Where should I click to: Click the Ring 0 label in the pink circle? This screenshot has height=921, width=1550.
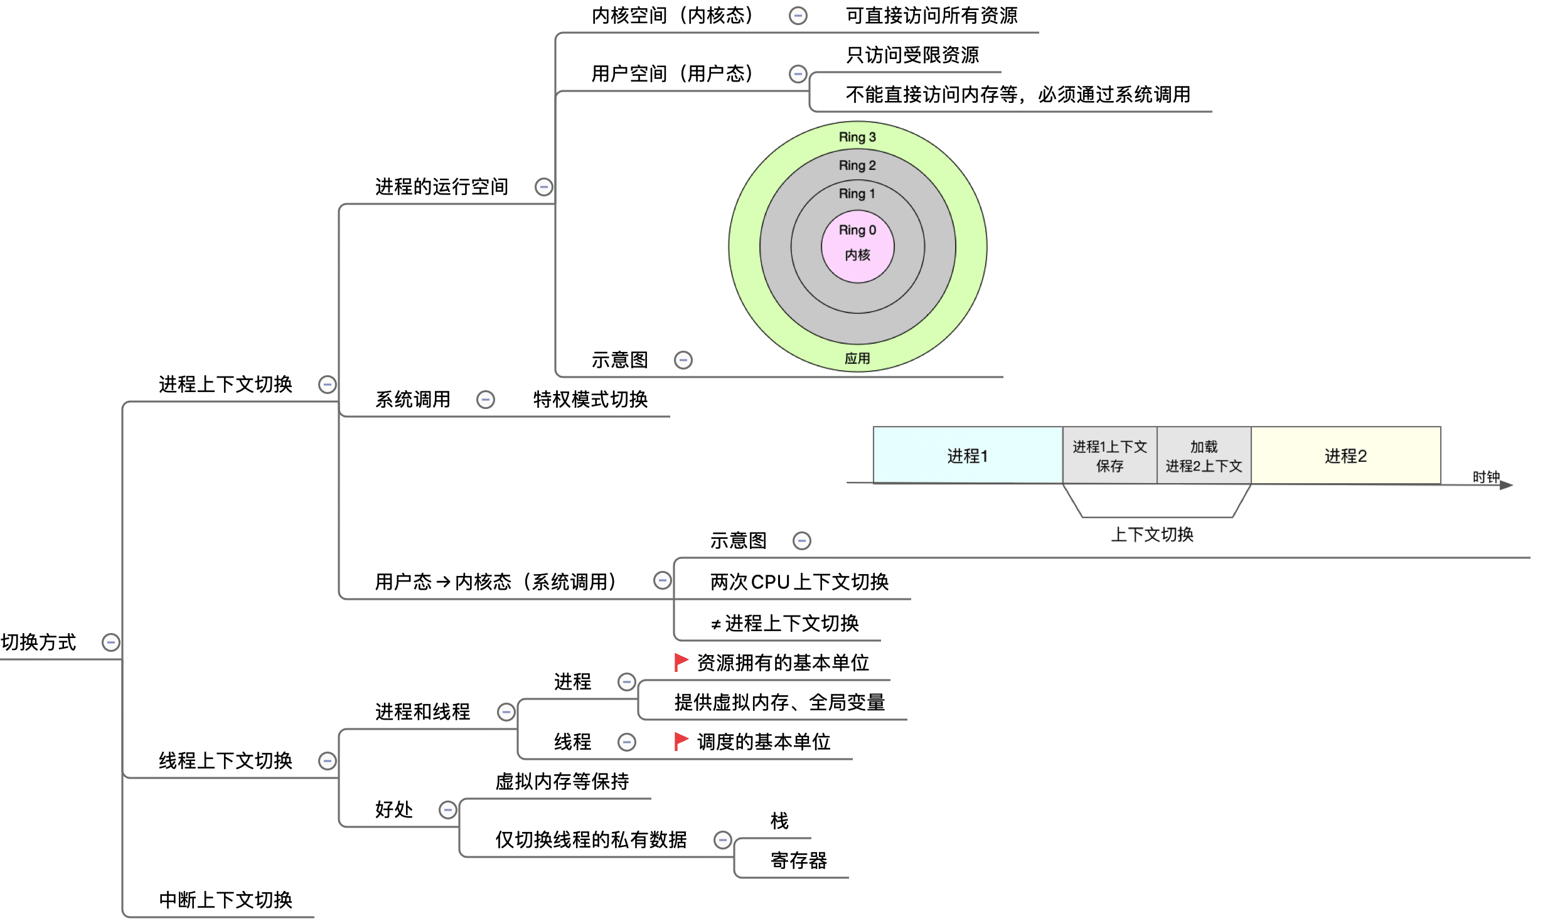click(857, 230)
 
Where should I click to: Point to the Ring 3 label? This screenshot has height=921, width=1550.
click(857, 137)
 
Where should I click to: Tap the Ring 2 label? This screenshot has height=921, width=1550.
click(857, 165)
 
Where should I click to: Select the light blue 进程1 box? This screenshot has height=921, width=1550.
click(967, 455)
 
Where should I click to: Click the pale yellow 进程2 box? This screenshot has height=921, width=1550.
click(1345, 455)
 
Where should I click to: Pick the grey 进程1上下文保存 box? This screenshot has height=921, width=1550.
click(1109, 455)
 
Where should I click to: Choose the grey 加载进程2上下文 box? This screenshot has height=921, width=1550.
click(1204, 455)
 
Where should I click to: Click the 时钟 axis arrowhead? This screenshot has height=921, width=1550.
click(1507, 485)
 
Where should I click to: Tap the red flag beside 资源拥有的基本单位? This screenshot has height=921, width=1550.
click(681, 662)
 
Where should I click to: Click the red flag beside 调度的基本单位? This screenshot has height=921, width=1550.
click(681, 741)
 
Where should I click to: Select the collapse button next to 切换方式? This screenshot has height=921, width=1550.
click(111, 642)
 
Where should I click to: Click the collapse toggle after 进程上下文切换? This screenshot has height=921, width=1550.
click(328, 385)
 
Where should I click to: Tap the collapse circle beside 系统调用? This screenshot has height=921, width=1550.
click(486, 400)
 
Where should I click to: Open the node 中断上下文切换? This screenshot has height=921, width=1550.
click(225, 900)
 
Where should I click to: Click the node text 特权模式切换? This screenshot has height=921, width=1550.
click(590, 400)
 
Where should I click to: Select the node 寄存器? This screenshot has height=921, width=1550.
click(798, 860)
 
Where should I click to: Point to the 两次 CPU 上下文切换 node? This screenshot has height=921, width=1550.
click(799, 582)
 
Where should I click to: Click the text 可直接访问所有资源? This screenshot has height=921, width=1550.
click(931, 16)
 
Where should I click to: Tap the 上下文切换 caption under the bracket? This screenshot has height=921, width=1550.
click(1152, 535)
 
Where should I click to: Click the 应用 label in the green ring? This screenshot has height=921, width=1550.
click(857, 358)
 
